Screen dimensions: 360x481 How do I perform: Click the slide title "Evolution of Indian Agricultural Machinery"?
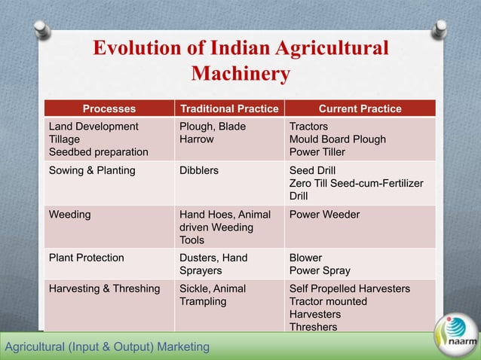[240, 61]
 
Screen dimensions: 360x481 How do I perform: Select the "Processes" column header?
[109, 108]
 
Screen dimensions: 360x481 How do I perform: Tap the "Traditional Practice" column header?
[228, 108]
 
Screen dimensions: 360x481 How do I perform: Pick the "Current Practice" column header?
[360, 108]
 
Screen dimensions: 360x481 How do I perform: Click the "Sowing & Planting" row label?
[92, 170]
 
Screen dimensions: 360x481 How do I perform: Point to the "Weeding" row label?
[69, 215]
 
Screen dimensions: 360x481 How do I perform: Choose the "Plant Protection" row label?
[86, 258]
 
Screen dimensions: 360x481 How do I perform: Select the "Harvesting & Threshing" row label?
[104, 288]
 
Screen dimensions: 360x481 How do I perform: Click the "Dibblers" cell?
[199, 170]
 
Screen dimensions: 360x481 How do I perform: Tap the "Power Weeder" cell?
[324, 215]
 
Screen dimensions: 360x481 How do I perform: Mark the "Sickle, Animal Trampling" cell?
[212, 294]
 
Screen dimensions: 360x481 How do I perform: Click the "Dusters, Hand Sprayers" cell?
[213, 264]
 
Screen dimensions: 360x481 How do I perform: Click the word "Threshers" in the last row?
[313, 327]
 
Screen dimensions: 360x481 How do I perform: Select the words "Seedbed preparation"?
[98, 152]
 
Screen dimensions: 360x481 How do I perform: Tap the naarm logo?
[455, 335]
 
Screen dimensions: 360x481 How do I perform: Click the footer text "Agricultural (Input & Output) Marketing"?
[106, 346]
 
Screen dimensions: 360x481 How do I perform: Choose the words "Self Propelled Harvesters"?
[350, 288]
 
